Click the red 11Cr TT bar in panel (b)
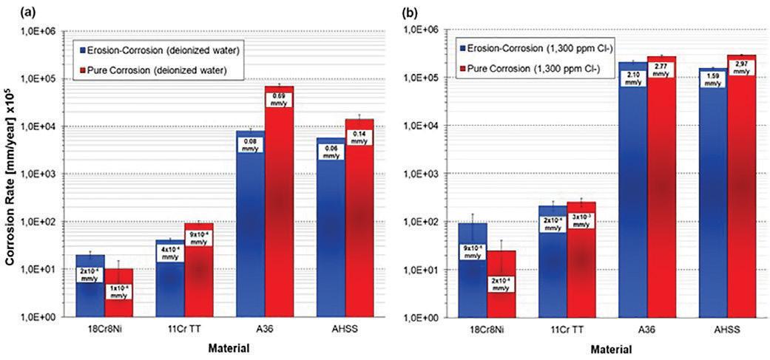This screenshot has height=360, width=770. pos(581,274)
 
